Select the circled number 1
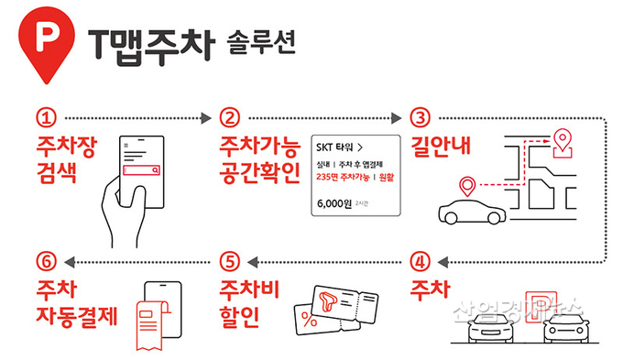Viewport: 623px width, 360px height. point(47,118)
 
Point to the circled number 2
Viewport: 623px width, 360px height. point(230,118)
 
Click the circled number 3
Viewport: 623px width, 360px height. point(420,118)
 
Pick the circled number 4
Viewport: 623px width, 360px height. point(420,259)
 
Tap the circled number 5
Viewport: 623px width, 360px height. point(230,259)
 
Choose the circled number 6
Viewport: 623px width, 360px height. point(47,259)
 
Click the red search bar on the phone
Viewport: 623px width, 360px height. point(143,169)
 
